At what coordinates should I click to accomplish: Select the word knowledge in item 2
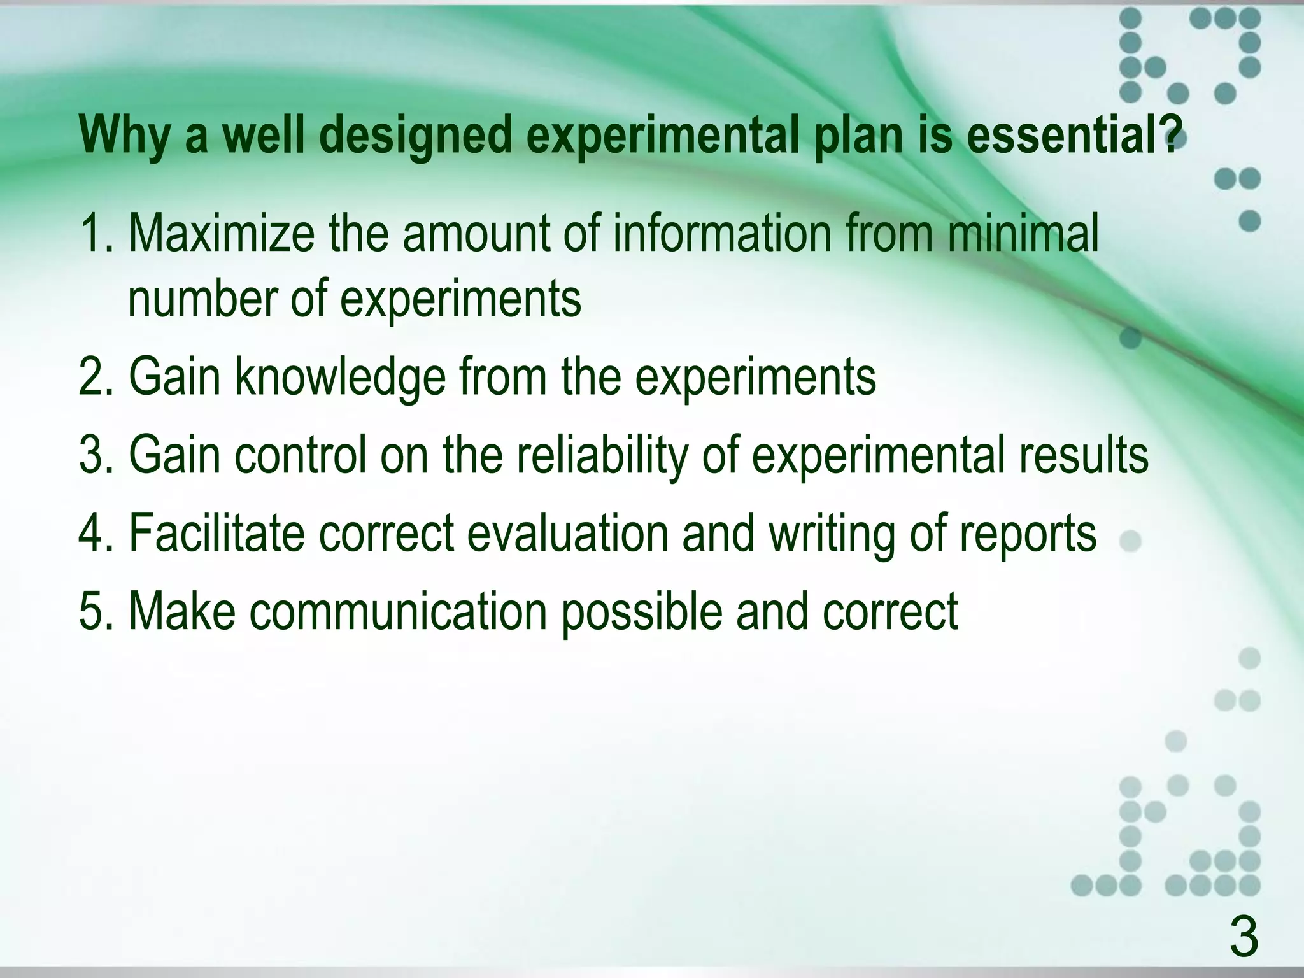tap(340, 378)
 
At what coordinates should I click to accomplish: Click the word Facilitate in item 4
tap(216, 534)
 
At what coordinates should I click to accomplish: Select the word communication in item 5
tap(399, 611)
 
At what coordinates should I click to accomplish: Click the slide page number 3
tap(1244, 937)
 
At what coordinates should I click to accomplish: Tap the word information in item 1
tap(723, 234)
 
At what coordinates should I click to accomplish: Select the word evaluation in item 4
tap(567, 534)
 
